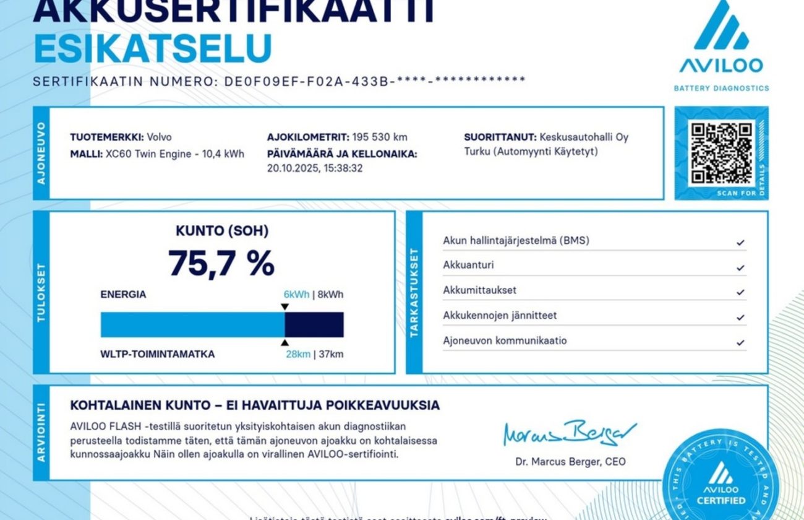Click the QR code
click(x=721, y=153)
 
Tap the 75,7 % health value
click(x=221, y=262)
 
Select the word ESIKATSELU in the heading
click(x=153, y=48)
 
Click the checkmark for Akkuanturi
click(x=740, y=268)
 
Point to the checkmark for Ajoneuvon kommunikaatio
click(x=740, y=342)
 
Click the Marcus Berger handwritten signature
click(x=569, y=433)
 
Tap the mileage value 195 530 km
click(x=380, y=137)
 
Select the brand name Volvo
click(x=160, y=137)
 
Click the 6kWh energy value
click(x=296, y=295)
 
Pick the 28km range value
click(x=297, y=355)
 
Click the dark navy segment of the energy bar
click(x=314, y=324)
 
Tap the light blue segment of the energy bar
click(x=192, y=324)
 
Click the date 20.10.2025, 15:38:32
click(x=315, y=168)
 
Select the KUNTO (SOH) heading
click(x=222, y=232)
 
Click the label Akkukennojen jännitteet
click(x=500, y=316)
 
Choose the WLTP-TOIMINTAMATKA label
click(x=158, y=355)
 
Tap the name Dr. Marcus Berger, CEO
click(x=570, y=462)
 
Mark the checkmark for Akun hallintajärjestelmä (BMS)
click(x=740, y=243)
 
